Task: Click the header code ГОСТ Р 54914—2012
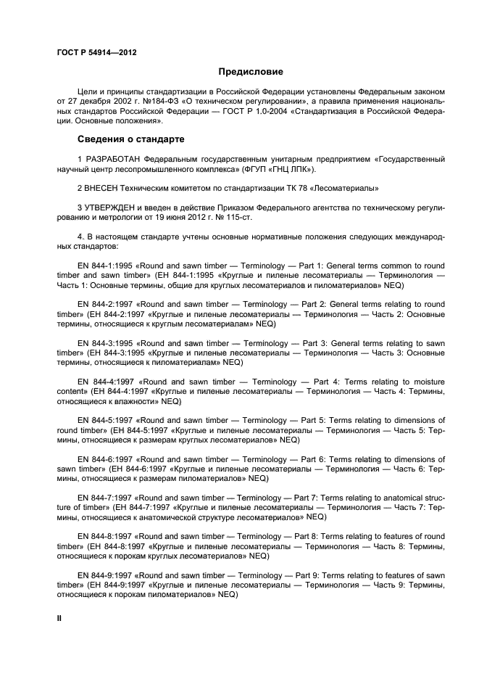[96, 53]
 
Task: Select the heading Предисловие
[251, 72]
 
